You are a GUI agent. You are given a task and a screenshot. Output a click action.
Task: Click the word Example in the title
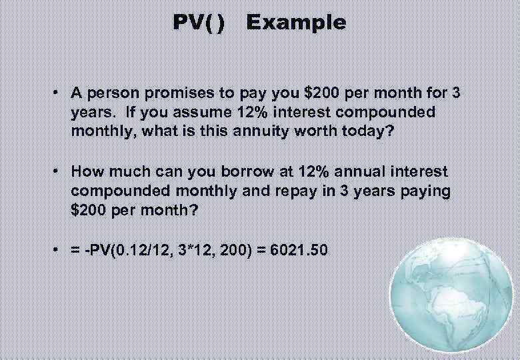296,23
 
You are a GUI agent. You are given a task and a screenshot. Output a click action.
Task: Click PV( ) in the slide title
199,23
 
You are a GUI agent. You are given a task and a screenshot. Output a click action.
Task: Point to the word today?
363,131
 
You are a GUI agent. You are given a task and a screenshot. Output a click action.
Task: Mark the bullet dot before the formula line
60,251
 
